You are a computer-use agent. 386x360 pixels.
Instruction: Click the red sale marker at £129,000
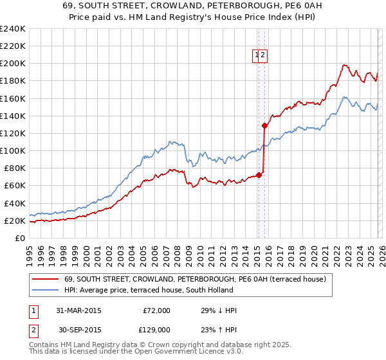point(264,126)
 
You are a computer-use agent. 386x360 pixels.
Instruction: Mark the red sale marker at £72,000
point(259,175)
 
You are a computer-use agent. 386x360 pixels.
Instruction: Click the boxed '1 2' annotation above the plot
point(260,56)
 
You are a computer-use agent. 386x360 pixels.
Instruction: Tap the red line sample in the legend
point(45,279)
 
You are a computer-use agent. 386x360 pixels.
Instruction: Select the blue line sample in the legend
point(45,290)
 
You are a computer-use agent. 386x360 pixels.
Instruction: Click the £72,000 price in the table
point(156,310)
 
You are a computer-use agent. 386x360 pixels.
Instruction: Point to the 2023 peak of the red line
point(345,64)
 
